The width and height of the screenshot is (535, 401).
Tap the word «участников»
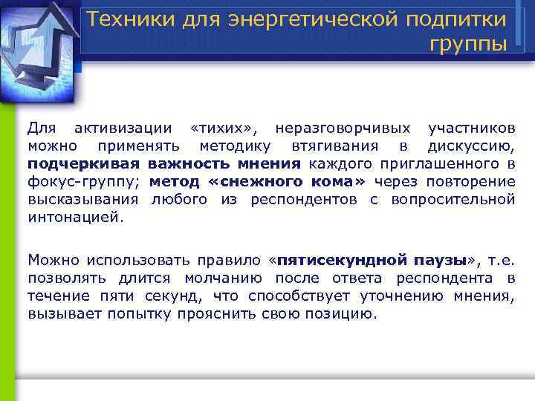coord(472,128)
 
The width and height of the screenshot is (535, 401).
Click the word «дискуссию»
coord(472,146)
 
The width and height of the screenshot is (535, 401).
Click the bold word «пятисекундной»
coord(340,261)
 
